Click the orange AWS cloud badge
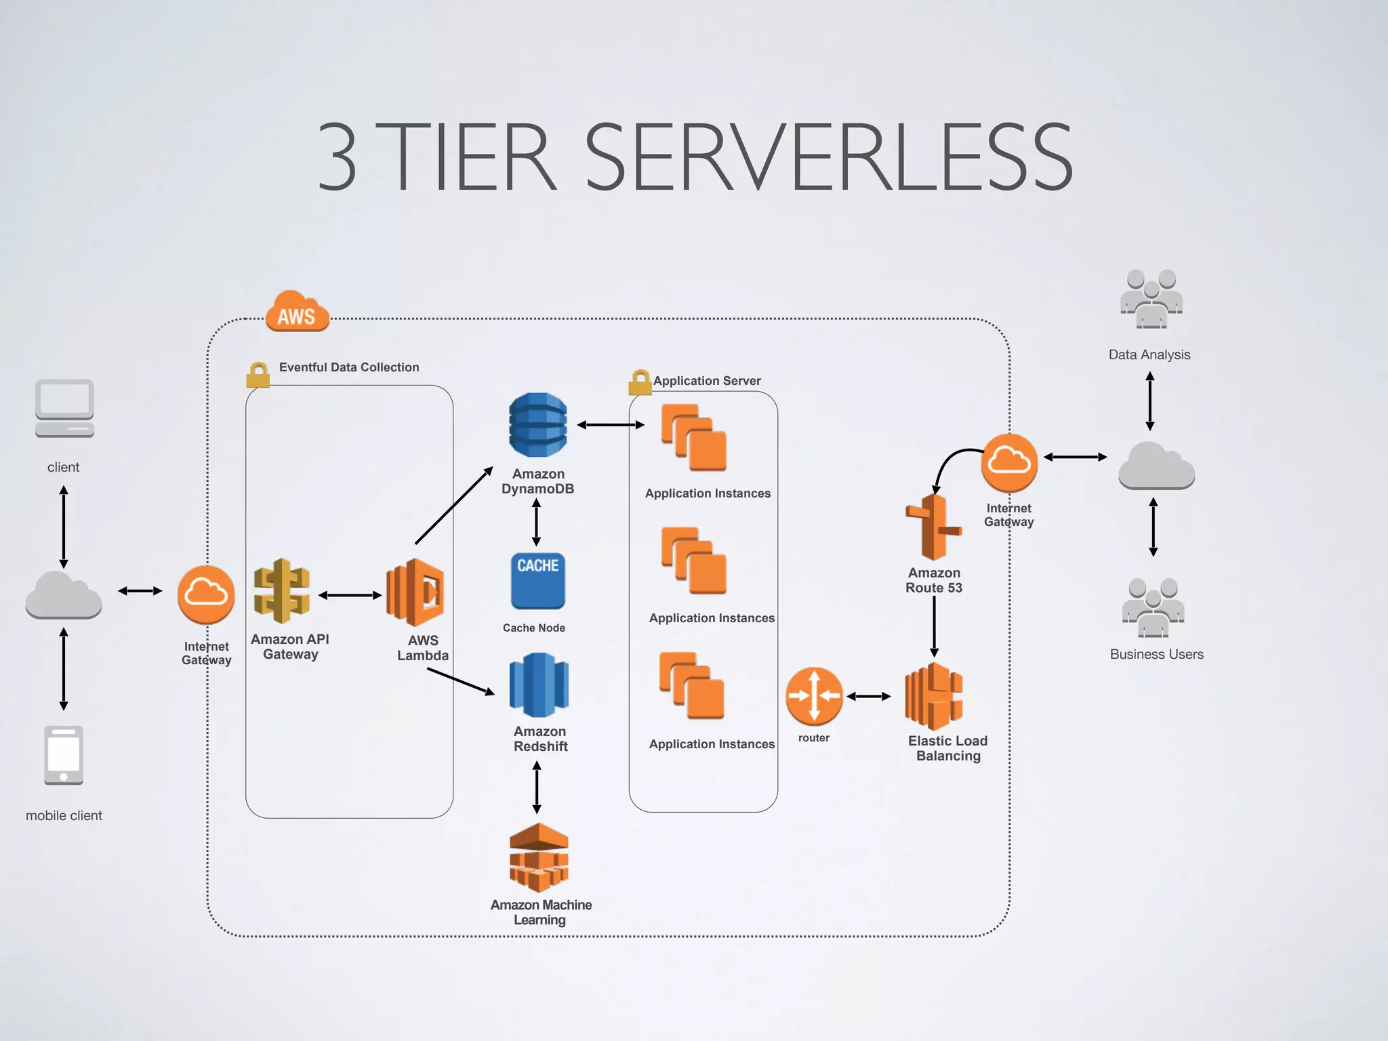click(297, 312)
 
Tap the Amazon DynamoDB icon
click(538, 425)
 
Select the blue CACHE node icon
click(537, 581)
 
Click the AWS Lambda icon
click(415, 592)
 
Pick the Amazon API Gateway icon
click(281, 591)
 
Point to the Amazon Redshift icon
click(539, 685)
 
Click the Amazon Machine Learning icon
click(539, 857)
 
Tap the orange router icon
click(814, 696)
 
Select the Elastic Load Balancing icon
click(934, 697)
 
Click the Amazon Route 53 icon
click(933, 527)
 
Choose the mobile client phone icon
click(64, 755)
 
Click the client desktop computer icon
click(64, 409)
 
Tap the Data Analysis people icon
click(1151, 299)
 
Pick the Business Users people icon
click(1153, 608)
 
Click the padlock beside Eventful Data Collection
click(258, 375)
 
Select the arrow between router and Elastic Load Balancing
click(869, 696)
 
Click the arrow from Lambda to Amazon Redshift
click(461, 681)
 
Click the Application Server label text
click(706, 381)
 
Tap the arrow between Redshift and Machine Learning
click(537, 787)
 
